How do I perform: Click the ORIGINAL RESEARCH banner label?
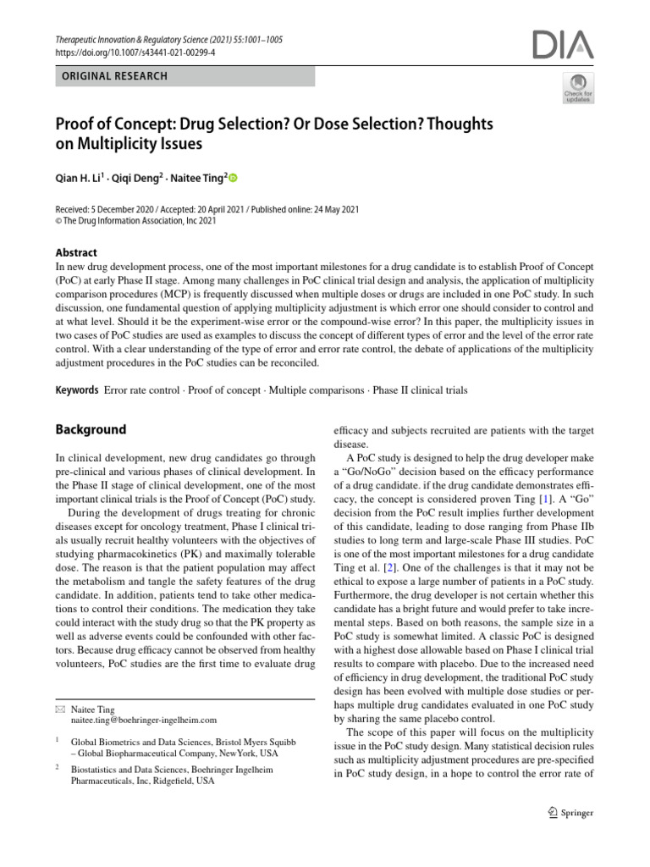click(112, 76)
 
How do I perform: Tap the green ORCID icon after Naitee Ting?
click(234, 178)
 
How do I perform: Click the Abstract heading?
click(76, 252)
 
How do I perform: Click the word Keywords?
click(77, 390)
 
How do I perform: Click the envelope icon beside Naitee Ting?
click(59, 708)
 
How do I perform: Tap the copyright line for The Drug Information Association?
click(136, 222)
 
